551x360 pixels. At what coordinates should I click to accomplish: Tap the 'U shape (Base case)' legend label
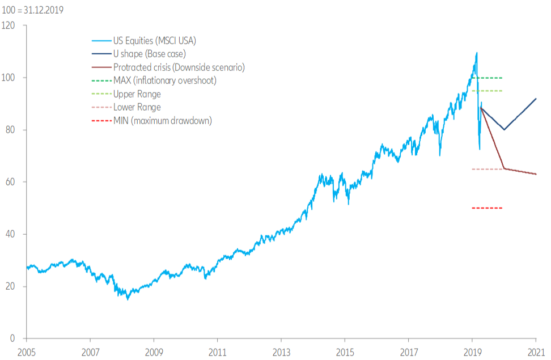(150, 54)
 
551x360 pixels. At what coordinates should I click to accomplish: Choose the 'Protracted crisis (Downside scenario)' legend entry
(179, 67)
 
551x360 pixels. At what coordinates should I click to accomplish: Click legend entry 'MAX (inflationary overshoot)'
(164, 81)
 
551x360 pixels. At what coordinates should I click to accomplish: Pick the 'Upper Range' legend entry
(137, 94)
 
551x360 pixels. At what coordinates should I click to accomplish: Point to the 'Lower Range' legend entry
(137, 107)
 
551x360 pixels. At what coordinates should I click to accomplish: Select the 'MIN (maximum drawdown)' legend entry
(162, 120)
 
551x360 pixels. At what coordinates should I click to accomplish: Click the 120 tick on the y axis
(9, 26)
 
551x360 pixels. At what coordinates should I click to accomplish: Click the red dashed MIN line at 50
(487, 208)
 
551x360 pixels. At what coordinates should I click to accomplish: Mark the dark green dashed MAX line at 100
(487, 78)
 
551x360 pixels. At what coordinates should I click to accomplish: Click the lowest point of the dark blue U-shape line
(504, 130)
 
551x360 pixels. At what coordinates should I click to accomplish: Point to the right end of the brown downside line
(536, 174)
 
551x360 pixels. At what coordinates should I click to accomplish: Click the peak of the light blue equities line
(477, 53)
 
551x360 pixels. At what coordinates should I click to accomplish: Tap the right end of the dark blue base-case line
(536, 99)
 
